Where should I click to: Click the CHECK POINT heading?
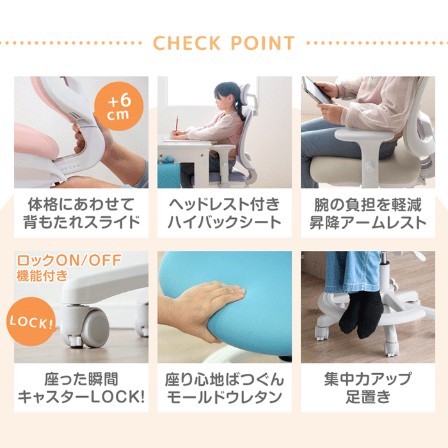tap(224, 43)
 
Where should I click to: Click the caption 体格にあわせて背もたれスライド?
tap(81, 214)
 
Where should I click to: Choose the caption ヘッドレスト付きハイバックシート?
tap(224, 214)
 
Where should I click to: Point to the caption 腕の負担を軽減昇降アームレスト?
tap(367, 214)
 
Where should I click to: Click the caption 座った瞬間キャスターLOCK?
tap(81, 388)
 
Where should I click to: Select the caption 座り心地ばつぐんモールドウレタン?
tap(224, 388)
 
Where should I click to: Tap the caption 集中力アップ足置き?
tap(367, 388)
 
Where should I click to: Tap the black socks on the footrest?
tap(362, 314)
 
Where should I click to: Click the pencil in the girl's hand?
tap(176, 123)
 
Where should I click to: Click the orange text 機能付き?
tap(41, 276)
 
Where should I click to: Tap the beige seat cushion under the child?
tap(346, 168)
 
